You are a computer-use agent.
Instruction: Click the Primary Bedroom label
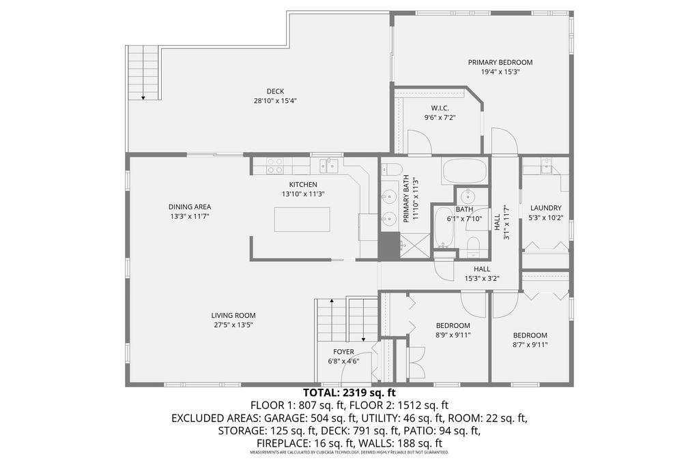pos(500,62)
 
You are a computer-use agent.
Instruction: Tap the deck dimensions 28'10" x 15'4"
pos(275,101)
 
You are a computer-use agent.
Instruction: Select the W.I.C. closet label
pos(439,108)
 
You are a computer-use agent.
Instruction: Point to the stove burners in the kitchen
pos(274,164)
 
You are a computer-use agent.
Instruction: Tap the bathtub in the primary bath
pos(464,170)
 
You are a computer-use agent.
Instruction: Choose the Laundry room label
pos(545,208)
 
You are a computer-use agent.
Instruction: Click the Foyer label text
pos(343,352)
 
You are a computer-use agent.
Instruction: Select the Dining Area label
pos(190,207)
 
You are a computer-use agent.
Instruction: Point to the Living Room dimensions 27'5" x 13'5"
pos(233,325)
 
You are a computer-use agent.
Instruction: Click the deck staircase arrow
pos(143,97)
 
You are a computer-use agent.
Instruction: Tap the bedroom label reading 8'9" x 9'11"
pos(453,334)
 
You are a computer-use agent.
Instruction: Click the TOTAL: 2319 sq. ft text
pos(349,393)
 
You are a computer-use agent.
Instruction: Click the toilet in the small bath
pos(473,245)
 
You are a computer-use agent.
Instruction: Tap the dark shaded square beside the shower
pos(388,245)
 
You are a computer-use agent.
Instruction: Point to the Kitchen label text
pos(303,184)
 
